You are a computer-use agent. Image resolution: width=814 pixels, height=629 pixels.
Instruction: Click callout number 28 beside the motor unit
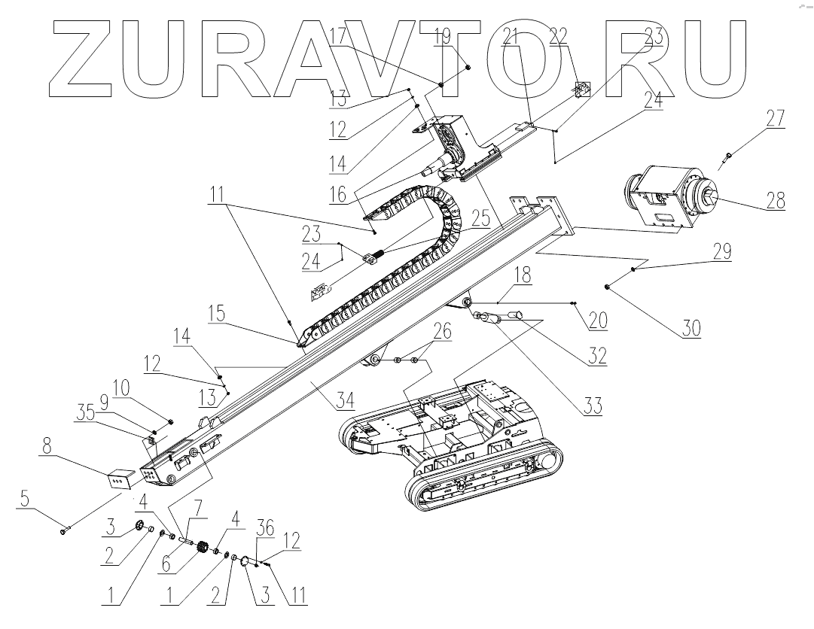click(775, 201)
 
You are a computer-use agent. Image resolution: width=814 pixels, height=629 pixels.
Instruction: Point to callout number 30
click(691, 328)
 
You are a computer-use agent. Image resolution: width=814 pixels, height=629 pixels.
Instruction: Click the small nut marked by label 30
click(607, 287)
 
